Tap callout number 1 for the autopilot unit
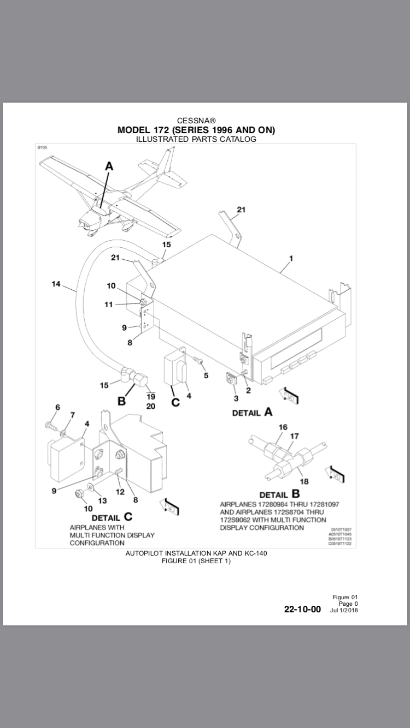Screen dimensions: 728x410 point(291,259)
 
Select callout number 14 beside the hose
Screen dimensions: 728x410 point(56,284)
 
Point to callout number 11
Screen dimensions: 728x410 point(109,305)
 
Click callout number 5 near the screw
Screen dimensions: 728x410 point(206,375)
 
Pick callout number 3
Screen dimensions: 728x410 point(236,398)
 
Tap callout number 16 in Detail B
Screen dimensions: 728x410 point(282,427)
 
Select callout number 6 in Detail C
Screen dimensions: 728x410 point(57,407)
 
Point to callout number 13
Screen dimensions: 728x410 point(102,500)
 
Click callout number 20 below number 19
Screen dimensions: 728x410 point(150,407)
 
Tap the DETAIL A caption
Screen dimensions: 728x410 point(252,413)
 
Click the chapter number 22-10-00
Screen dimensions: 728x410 point(302,609)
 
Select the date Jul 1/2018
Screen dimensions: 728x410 point(344,610)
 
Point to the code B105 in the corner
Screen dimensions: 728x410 point(42,147)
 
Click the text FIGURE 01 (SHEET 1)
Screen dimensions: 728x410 point(196,561)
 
